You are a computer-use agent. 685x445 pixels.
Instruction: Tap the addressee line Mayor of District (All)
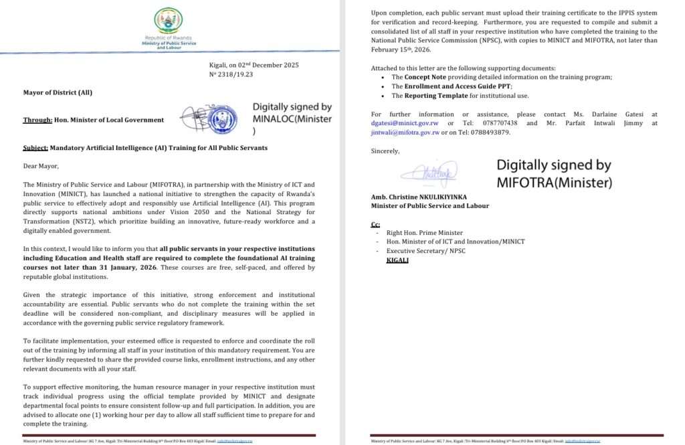tap(58, 92)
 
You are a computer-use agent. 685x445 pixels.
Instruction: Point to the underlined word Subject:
tap(35, 147)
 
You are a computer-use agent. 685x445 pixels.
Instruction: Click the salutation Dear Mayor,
tap(41, 166)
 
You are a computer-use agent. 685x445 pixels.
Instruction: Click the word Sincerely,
tap(385, 151)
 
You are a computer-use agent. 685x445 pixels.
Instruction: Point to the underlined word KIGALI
tap(398, 259)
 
